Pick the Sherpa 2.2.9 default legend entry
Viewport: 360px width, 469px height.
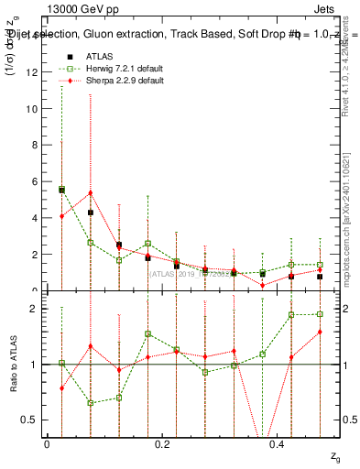115,81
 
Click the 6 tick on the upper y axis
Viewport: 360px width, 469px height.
36,181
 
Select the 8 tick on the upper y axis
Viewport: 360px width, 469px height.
36,145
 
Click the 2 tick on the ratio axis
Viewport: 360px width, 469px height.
36,309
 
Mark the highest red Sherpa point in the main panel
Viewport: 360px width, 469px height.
90,192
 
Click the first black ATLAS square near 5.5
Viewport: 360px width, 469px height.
61,190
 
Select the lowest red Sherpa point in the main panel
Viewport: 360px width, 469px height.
262,285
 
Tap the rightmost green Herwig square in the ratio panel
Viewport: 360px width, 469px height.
320,314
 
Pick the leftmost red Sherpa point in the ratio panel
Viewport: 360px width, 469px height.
61,388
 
